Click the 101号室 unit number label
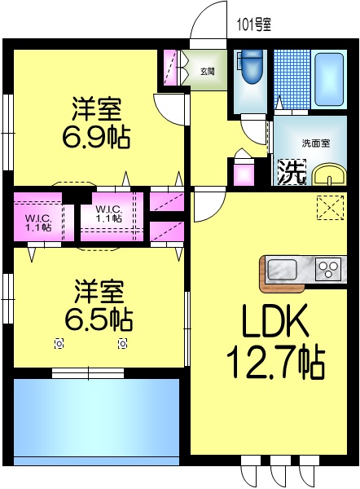pyautogui.click(x=253, y=24)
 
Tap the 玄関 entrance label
pyautogui.click(x=207, y=71)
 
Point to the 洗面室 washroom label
pyautogui.click(x=315, y=143)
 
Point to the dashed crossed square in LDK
pyautogui.click(x=330, y=209)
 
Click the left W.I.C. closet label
pyautogui.click(x=38, y=221)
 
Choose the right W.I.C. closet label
pyautogui.click(x=108, y=213)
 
